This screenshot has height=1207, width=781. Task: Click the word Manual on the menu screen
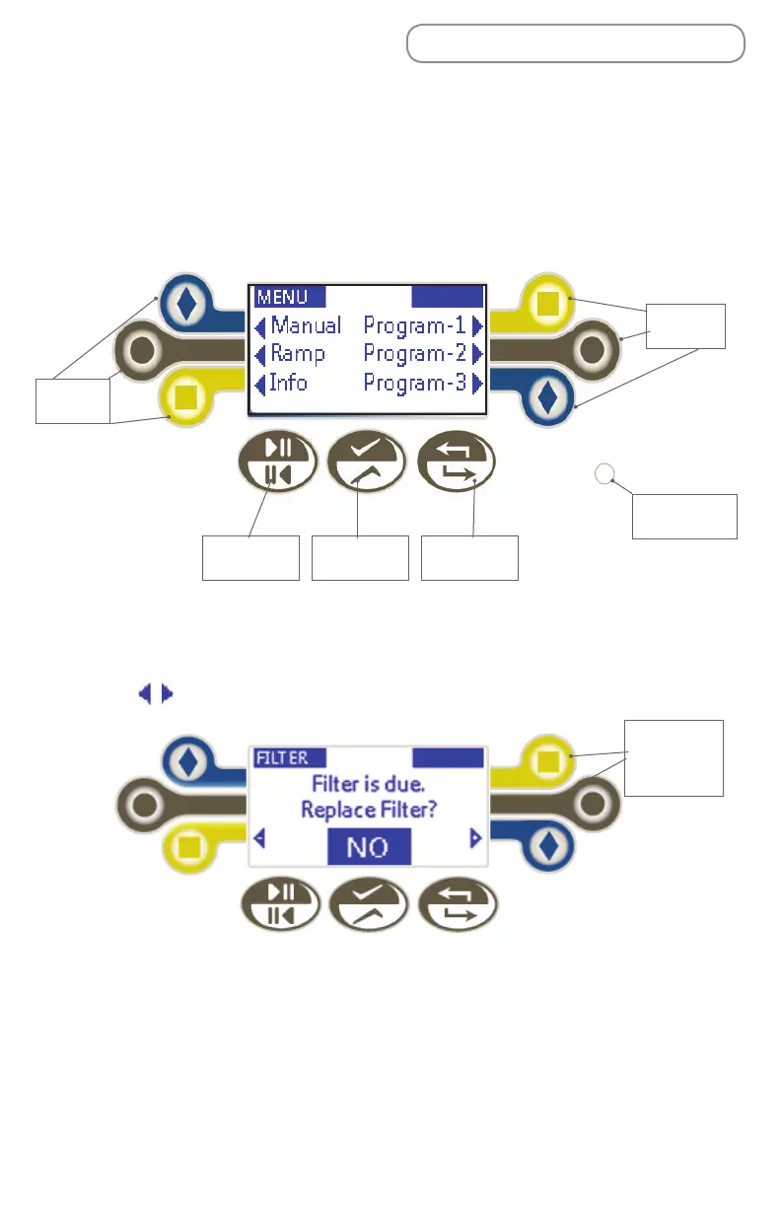pyautogui.click(x=306, y=325)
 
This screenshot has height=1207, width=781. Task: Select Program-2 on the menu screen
pyautogui.click(x=414, y=353)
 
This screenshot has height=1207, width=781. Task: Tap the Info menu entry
pyautogui.click(x=288, y=382)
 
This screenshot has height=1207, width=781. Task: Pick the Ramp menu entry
pyautogui.click(x=297, y=353)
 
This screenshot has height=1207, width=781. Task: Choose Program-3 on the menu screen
pyautogui.click(x=414, y=382)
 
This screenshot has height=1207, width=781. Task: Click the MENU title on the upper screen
pyautogui.click(x=282, y=297)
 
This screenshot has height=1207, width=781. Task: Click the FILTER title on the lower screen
pyautogui.click(x=282, y=758)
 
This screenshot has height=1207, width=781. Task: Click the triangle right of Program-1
pyautogui.click(x=478, y=325)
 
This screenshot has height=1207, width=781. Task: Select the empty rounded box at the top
pyautogui.click(x=575, y=44)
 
